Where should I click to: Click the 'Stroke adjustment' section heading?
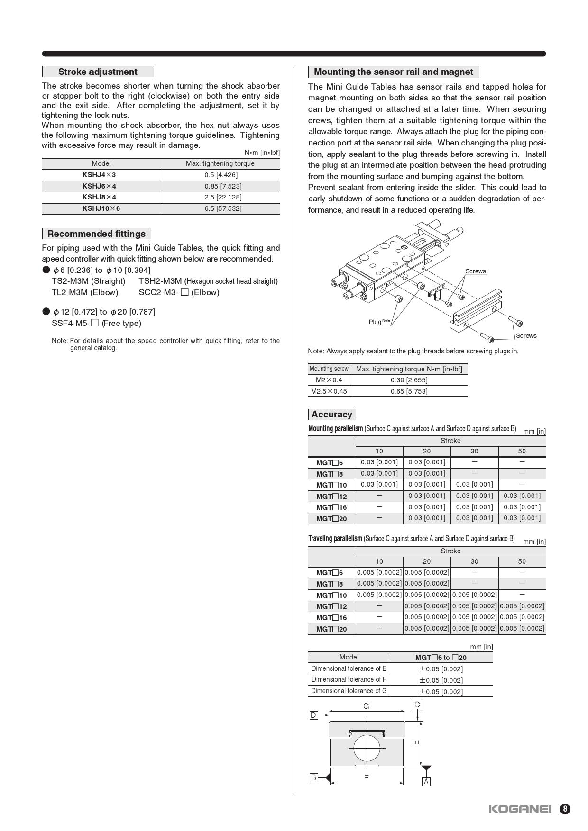click(x=98, y=72)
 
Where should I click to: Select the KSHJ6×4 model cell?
click(x=99, y=186)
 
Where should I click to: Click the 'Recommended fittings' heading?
click(x=97, y=234)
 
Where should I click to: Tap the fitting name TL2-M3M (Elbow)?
click(x=85, y=292)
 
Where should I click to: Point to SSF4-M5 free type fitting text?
click(x=96, y=323)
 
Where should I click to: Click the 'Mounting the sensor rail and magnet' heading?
click(x=393, y=72)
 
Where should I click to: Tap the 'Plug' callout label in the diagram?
click(x=375, y=322)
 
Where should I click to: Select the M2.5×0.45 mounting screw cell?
click(x=329, y=391)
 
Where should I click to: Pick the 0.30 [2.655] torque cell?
click(x=409, y=380)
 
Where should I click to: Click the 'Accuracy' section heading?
click(x=331, y=415)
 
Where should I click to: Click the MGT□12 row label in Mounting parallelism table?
click(x=331, y=497)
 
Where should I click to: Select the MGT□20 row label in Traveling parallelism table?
click(x=331, y=629)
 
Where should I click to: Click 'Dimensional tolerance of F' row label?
click(x=349, y=679)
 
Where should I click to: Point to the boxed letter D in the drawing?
click(x=313, y=715)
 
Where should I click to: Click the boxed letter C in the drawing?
click(x=417, y=705)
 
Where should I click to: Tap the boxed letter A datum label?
click(x=426, y=782)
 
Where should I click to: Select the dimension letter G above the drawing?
click(x=366, y=706)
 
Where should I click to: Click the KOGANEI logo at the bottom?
click(x=520, y=809)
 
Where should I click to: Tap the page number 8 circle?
click(x=565, y=809)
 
